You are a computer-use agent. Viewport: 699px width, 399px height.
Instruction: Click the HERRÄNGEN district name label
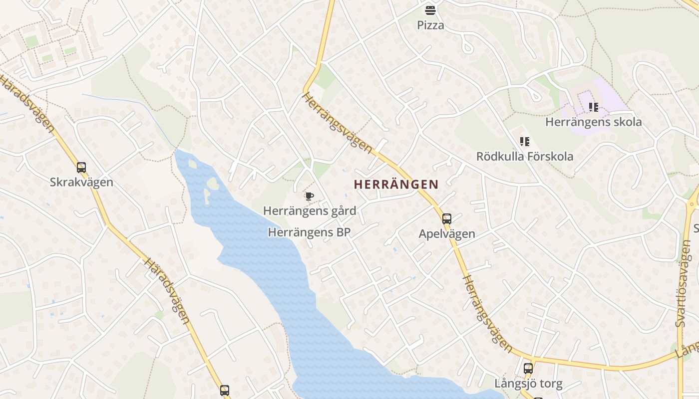point(396,185)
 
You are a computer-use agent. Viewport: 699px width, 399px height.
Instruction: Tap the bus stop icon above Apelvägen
point(447,218)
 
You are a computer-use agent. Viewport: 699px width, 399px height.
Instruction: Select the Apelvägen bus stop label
point(447,234)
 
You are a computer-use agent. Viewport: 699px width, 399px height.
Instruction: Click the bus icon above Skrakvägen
point(81,168)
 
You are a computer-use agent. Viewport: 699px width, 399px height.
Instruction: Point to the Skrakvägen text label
point(81,183)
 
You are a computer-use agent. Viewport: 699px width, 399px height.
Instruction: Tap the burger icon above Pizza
point(430,10)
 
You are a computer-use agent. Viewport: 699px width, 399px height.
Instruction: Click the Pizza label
point(430,25)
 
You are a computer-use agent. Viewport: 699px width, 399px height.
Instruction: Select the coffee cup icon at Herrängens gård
point(309,196)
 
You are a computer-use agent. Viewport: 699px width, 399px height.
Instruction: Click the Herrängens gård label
point(310,211)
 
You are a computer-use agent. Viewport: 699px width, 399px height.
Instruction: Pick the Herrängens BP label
point(310,232)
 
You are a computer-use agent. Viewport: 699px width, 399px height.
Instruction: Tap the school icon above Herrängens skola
point(594,107)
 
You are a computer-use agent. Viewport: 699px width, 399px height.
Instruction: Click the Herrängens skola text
point(594,122)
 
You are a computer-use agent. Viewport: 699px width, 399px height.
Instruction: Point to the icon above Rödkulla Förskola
point(524,142)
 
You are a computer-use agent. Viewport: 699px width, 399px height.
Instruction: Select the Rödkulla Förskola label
point(524,157)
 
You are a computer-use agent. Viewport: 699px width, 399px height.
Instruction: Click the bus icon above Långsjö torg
point(528,369)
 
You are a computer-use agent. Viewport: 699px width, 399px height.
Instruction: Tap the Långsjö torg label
point(528,384)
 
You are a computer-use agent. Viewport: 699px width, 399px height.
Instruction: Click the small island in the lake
point(212,184)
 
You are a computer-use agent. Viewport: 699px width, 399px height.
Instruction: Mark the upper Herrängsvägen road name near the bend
point(338,123)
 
